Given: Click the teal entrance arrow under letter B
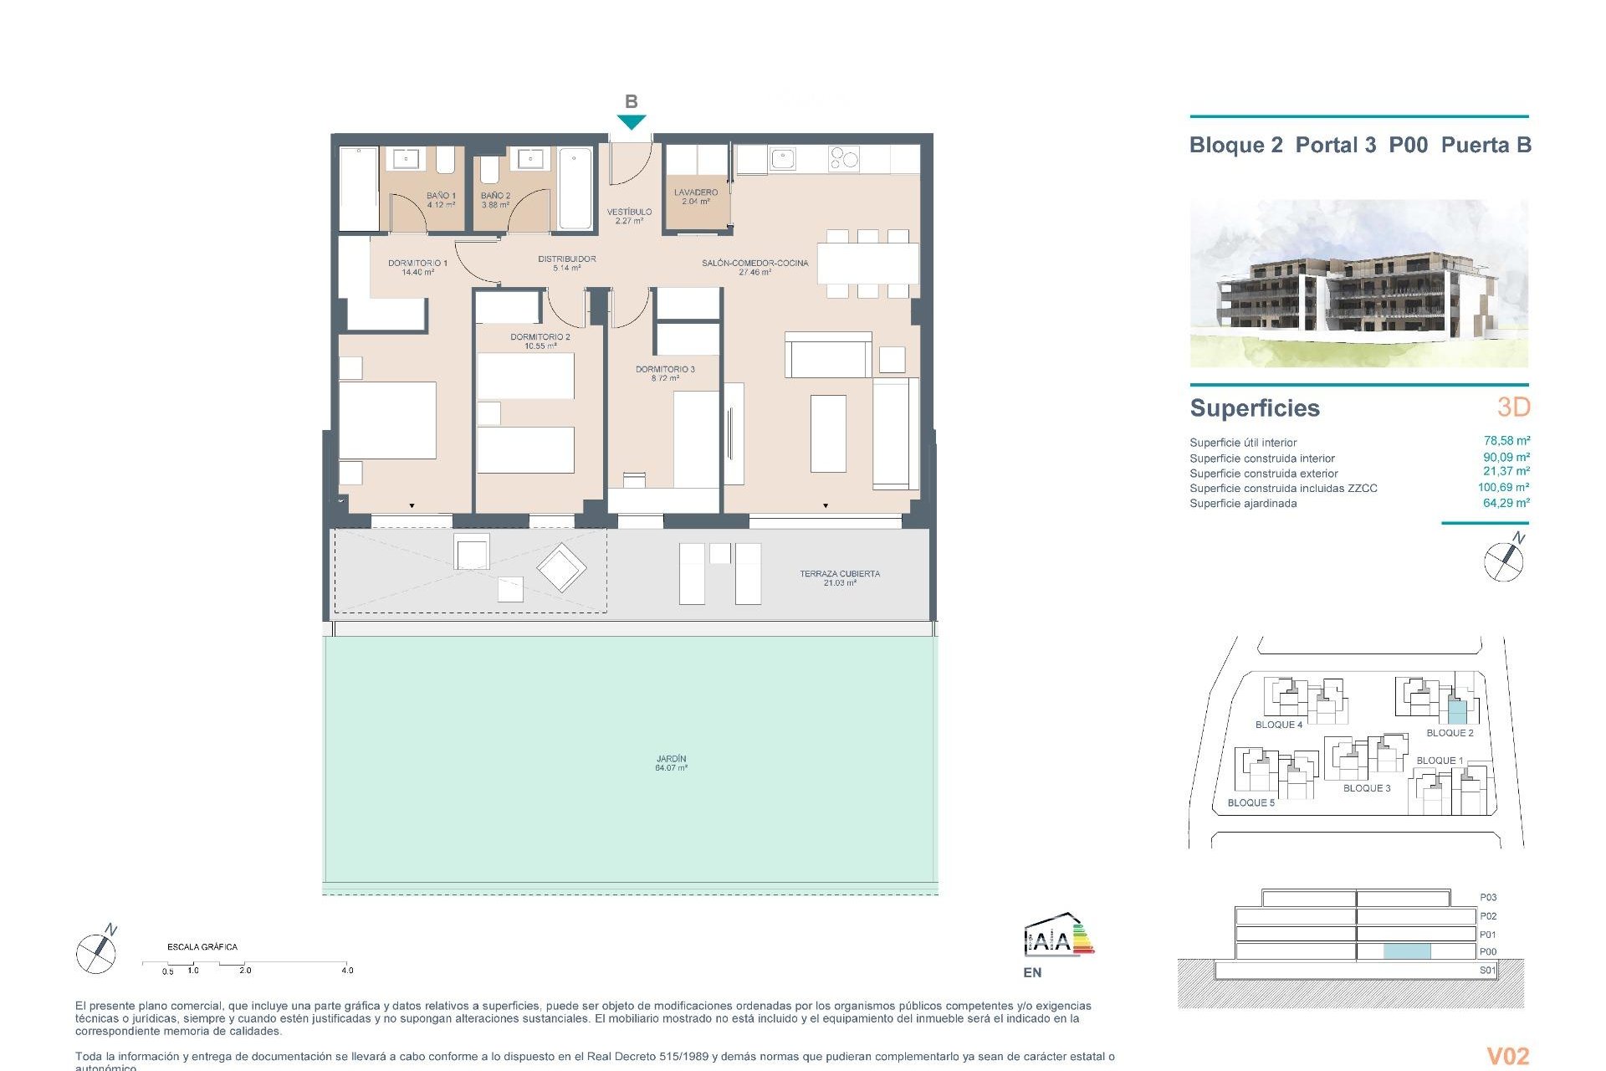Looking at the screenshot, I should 632,122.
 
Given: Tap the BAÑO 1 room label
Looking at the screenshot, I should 441,200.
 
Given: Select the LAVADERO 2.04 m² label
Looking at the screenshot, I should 696,197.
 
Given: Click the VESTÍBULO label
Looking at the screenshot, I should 629,216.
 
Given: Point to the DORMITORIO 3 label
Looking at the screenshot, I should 665,373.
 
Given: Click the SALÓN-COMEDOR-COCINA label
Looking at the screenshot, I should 754,267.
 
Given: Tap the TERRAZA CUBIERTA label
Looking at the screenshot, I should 839,577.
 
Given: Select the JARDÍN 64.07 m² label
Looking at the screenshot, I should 671,763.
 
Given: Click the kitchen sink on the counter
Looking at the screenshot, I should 783,158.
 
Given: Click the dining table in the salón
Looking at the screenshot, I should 867,264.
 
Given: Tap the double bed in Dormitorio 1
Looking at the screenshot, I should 387,420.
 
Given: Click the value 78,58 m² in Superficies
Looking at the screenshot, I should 1506,441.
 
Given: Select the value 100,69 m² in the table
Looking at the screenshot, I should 1503,487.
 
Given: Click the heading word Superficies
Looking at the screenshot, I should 1255,408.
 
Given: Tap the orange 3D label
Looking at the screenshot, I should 1513,407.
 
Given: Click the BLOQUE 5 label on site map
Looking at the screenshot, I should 1251,802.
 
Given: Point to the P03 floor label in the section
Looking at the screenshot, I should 1487,897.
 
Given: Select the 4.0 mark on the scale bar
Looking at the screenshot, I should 347,970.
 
